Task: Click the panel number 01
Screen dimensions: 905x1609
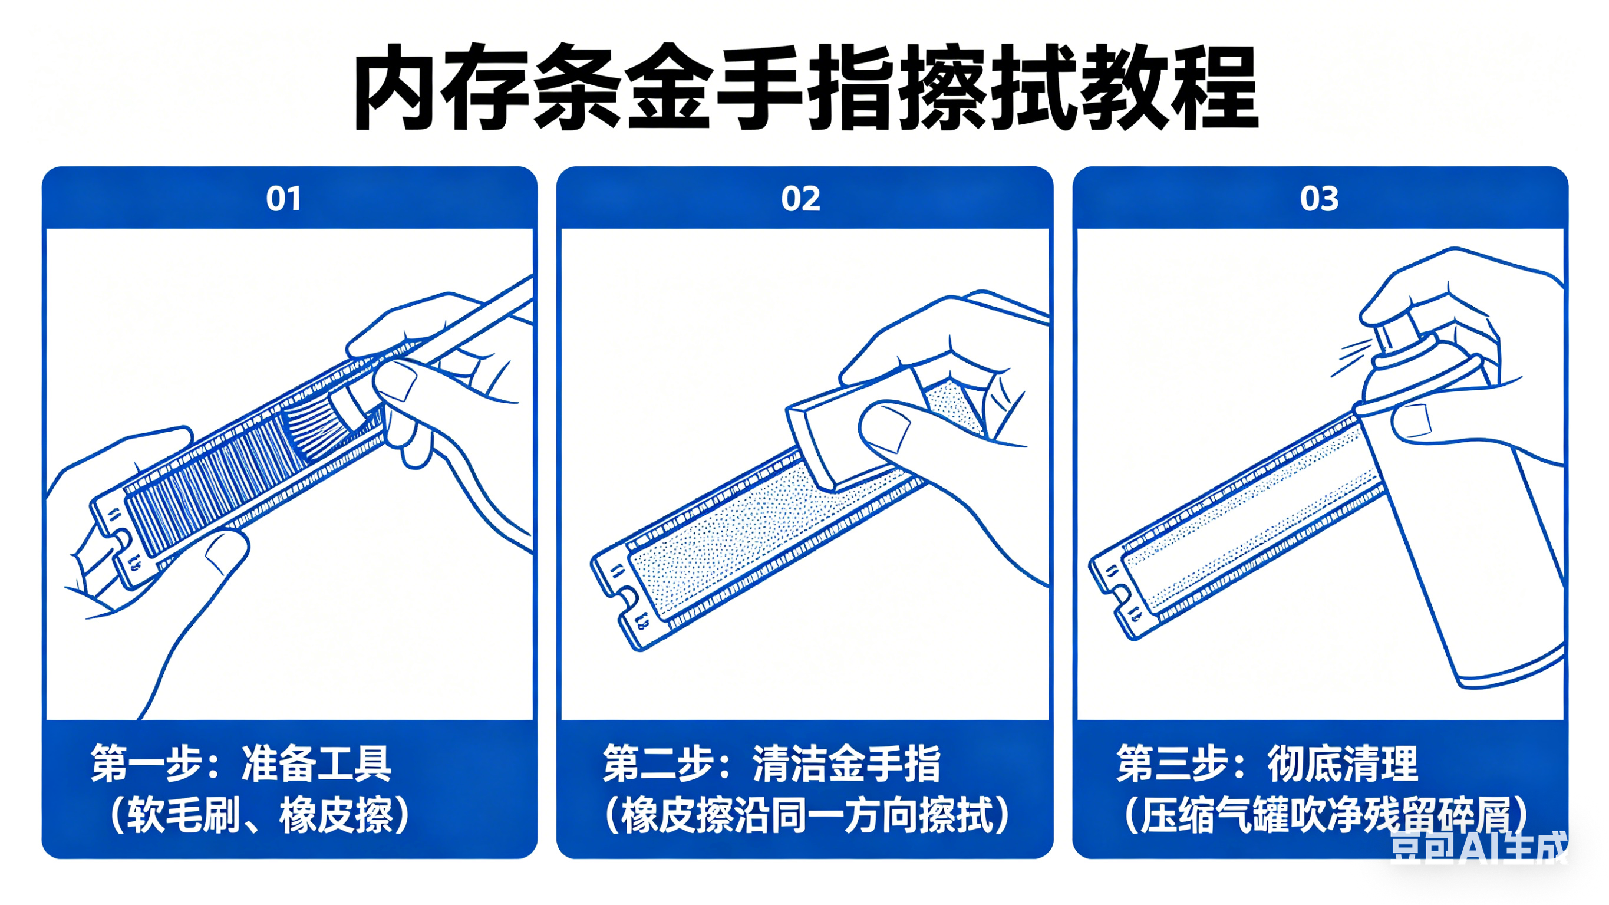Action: (283, 199)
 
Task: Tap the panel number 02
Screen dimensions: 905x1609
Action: (800, 199)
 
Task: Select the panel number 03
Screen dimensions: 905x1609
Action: (1318, 199)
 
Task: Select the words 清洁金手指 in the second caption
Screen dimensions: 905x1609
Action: (846, 763)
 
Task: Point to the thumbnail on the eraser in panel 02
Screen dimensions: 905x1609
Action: (887, 431)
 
